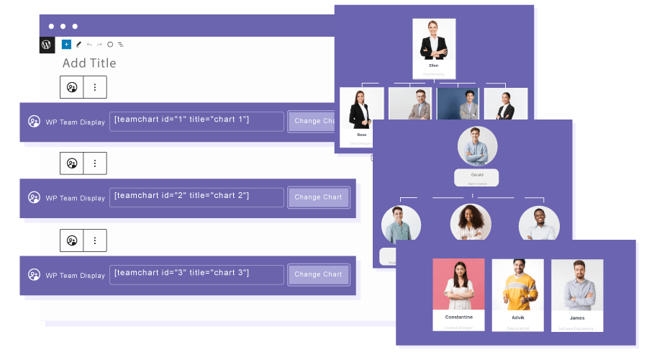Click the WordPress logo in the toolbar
coord(46,44)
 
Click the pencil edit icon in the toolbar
coord(78,45)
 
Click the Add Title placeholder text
coord(89,63)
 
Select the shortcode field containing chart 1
coord(196,121)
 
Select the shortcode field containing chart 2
coord(196,197)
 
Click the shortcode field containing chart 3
coord(196,274)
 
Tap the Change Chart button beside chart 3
coord(318,274)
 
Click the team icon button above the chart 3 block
coord(72,239)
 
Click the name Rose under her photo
coord(361,135)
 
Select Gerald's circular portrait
coord(477,147)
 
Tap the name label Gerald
coord(477,174)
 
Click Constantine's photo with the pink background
coord(458,284)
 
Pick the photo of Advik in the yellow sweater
coord(517,284)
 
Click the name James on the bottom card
coord(576,318)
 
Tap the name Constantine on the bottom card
coord(458,317)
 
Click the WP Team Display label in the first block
coord(76,122)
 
